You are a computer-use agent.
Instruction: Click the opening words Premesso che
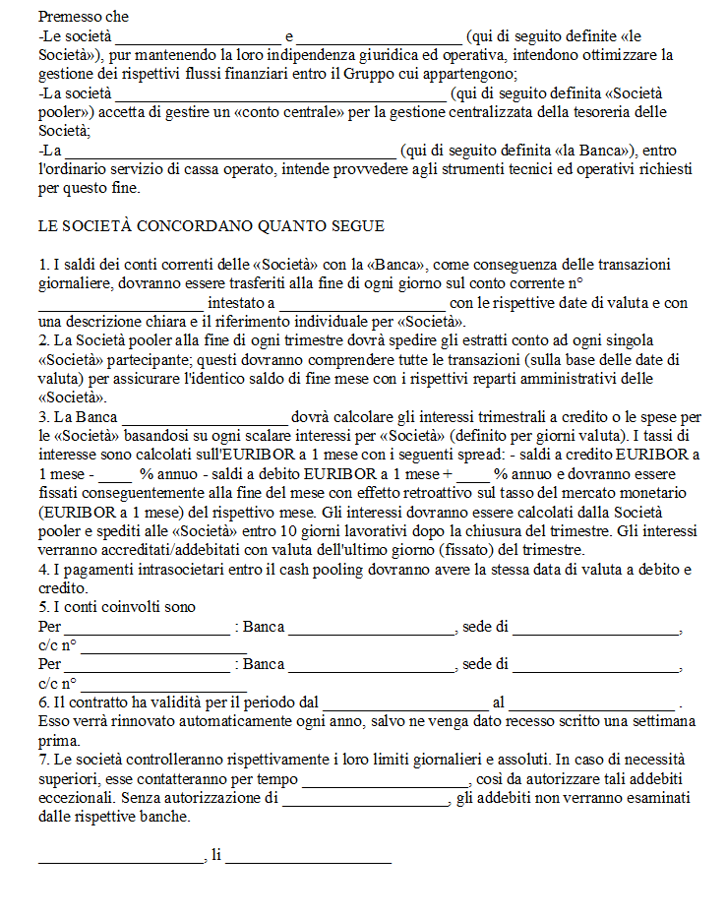tap(83, 17)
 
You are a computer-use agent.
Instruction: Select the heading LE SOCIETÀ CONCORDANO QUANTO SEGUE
tap(211, 226)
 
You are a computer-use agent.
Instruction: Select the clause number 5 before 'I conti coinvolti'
tap(42, 607)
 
